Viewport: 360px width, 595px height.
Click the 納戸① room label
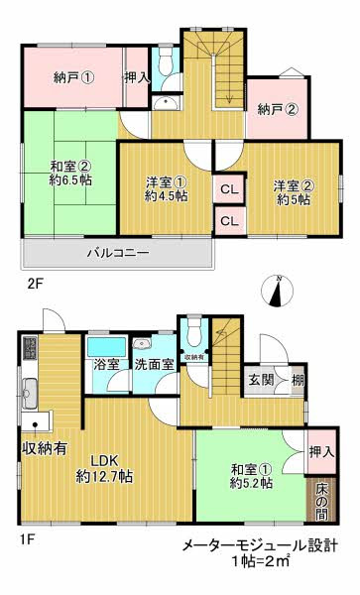[x=75, y=78]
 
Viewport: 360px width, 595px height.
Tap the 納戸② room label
[x=278, y=110]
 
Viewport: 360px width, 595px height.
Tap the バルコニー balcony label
[x=117, y=254]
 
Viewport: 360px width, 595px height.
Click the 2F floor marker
[x=36, y=283]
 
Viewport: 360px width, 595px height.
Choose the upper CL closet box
[x=228, y=188]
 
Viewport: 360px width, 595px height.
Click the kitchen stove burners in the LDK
[x=30, y=349]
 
